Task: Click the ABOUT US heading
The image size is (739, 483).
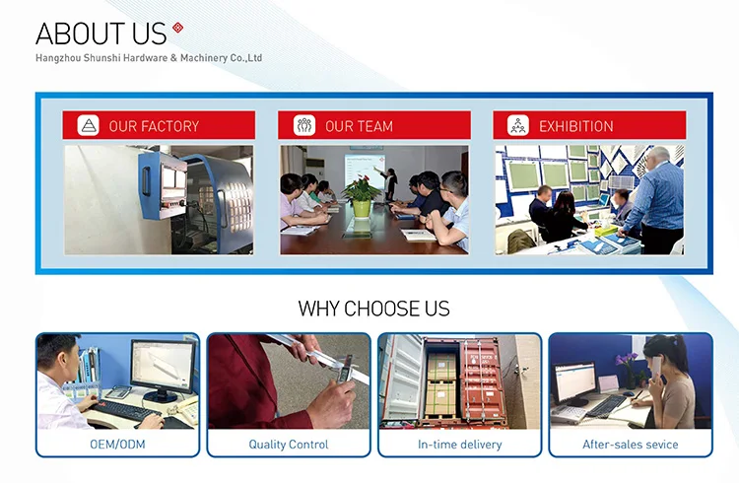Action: point(101,34)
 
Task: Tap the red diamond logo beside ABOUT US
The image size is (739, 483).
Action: point(177,28)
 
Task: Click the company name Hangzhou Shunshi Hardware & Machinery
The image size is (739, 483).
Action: point(149,58)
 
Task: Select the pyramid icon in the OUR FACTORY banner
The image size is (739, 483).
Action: point(88,125)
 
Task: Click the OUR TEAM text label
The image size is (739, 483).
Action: point(359,126)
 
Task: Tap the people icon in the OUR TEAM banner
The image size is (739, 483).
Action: point(304,125)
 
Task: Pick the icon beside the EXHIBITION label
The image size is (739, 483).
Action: point(518,125)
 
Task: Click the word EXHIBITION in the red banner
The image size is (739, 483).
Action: point(576,126)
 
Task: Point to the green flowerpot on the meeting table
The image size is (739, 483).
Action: point(362,209)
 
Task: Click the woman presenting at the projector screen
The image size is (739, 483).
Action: point(390,184)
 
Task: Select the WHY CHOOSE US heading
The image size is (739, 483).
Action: point(373,309)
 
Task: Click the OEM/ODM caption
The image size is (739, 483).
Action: point(117,445)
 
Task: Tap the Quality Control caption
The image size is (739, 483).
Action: point(289,445)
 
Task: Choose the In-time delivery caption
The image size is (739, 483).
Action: point(459,445)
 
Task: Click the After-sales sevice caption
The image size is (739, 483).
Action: point(631,445)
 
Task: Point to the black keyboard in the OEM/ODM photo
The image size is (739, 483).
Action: point(124,411)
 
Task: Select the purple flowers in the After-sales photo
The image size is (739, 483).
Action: point(627,361)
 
